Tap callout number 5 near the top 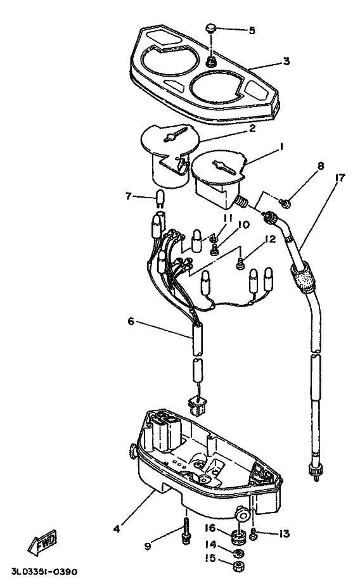coord(252,30)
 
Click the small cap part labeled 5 coord(211,28)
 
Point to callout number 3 coord(286,61)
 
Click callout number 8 coord(321,165)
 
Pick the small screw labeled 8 coord(286,202)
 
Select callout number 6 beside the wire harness coord(131,321)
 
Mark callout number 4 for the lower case coord(117,529)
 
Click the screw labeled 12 coord(239,263)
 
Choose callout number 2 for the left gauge coord(252,129)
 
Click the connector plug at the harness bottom coord(196,405)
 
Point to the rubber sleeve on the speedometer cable coord(303,277)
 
